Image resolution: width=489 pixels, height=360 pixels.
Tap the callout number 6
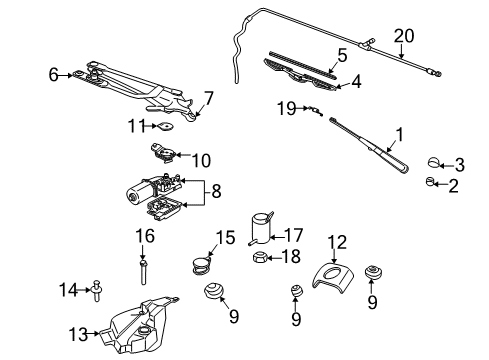pos(53,73)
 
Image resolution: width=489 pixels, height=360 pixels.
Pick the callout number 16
pos(144,237)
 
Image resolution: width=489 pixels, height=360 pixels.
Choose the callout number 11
pos(132,125)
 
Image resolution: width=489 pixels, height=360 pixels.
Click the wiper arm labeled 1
pos(370,146)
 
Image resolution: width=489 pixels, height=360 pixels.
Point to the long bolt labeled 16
pos(145,271)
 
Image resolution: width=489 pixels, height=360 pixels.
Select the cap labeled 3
pos(434,163)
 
